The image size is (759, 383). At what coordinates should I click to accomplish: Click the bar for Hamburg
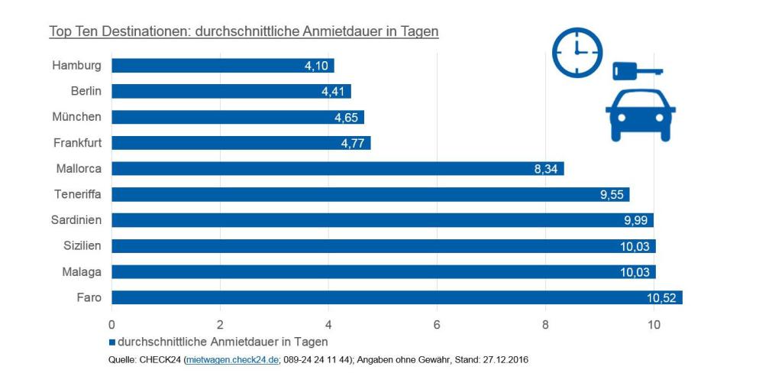(x=222, y=66)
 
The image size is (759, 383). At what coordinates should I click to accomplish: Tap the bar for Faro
(x=396, y=297)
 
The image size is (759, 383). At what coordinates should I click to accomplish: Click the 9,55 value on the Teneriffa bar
(x=612, y=195)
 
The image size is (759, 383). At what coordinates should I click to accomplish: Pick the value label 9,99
(x=636, y=221)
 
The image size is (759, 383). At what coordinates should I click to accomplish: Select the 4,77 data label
(x=353, y=144)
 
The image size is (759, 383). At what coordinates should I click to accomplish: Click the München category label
(x=76, y=117)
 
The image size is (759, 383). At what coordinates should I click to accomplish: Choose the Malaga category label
(x=82, y=271)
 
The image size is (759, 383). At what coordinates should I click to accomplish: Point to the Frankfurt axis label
(x=77, y=143)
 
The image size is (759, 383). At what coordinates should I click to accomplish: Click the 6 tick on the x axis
(x=437, y=323)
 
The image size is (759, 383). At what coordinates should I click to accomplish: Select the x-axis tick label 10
(x=654, y=323)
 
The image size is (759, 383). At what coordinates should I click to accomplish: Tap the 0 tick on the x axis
(x=112, y=323)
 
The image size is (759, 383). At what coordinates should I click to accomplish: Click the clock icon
(x=577, y=52)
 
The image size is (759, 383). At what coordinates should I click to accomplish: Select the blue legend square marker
(x=113, y=342)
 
